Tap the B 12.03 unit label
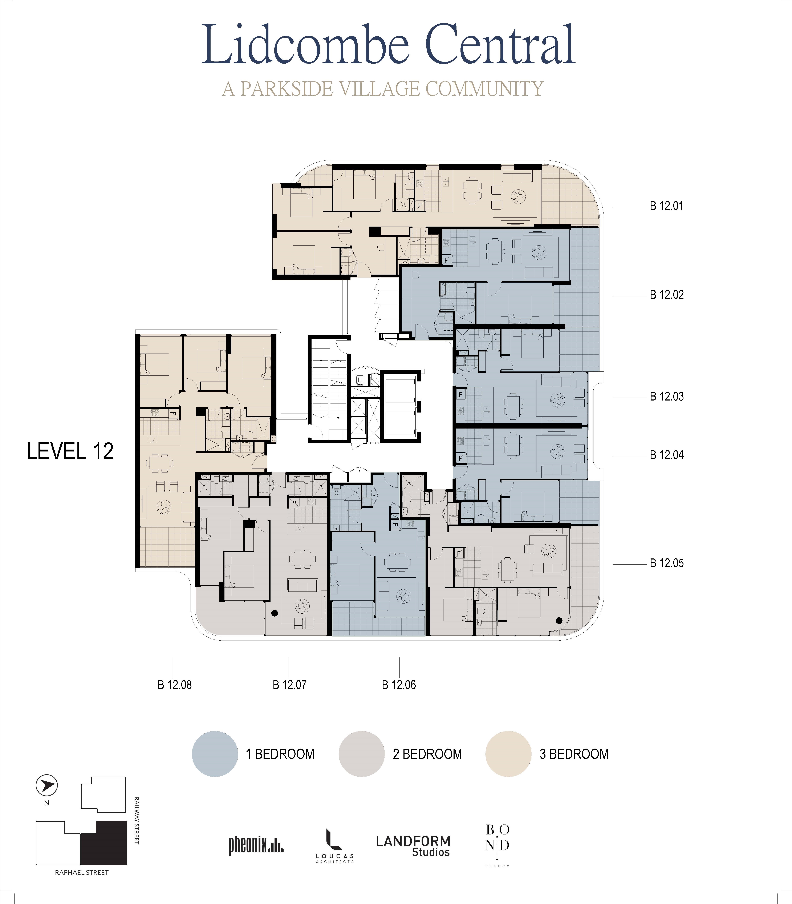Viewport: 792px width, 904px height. tap(666, 397)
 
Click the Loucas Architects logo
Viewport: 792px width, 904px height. tap(335, 846)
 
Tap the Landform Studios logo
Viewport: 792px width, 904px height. tap(413, 846)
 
